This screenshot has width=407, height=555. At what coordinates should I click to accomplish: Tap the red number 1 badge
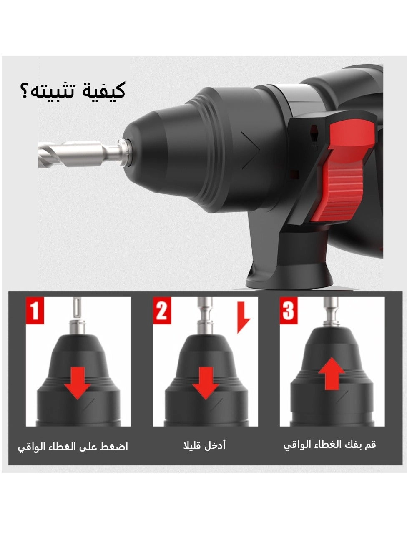pos(35,311)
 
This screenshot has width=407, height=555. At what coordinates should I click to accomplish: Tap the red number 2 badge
pos(162,311)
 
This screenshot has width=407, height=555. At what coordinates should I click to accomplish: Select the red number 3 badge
pos(289,311)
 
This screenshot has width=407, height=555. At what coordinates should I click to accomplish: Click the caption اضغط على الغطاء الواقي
pos(73,447)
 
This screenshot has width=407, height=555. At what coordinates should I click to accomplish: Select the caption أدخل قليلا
pos(204,446)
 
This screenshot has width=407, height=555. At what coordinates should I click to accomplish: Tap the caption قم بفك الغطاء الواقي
pos(330,445)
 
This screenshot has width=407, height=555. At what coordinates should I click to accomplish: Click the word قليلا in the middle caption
pos(193,446)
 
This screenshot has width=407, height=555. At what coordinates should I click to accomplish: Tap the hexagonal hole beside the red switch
pos(313,133)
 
